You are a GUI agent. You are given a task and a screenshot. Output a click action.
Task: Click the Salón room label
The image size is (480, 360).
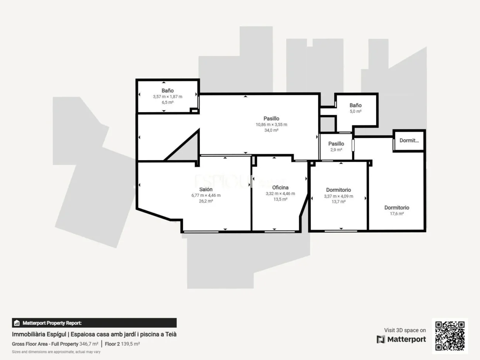point(206,189)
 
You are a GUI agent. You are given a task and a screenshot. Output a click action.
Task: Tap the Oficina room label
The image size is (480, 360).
point(280,188)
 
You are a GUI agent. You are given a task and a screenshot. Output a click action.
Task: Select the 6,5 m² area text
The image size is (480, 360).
point(167,103)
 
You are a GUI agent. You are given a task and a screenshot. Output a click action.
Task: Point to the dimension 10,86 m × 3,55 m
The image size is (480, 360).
point(271,124)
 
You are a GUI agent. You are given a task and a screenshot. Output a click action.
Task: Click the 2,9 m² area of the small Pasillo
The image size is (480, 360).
point(336,150)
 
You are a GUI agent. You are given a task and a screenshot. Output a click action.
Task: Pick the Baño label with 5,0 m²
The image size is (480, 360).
point(355,105)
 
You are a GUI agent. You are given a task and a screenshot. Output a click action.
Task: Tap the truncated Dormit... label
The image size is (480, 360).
point(409,140)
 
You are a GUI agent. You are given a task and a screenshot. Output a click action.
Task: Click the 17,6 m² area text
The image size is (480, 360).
point(397,214)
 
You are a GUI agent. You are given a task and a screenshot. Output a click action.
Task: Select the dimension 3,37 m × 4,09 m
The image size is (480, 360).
point(338,196)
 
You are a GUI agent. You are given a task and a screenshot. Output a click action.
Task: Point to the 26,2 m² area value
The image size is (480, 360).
point(206,201)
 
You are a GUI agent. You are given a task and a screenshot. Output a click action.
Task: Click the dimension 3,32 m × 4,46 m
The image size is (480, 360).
point(280,193)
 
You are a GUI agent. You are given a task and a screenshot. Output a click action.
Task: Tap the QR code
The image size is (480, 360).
point(450,336)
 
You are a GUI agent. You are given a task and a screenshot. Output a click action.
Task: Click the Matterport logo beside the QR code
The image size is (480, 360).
point(401,339)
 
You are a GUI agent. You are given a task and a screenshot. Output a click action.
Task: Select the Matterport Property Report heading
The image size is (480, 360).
point(52,323)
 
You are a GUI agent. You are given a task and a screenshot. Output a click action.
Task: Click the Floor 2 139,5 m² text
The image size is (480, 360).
point(122,344)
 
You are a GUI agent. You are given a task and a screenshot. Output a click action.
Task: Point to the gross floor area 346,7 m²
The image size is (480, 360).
point(89,344)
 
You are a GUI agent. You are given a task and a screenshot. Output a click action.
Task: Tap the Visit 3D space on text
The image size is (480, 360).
point(405,330)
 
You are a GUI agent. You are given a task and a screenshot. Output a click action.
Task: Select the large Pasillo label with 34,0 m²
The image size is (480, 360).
point(271,119)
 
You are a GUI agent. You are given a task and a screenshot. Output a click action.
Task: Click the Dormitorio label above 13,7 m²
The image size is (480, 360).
point(338,190)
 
